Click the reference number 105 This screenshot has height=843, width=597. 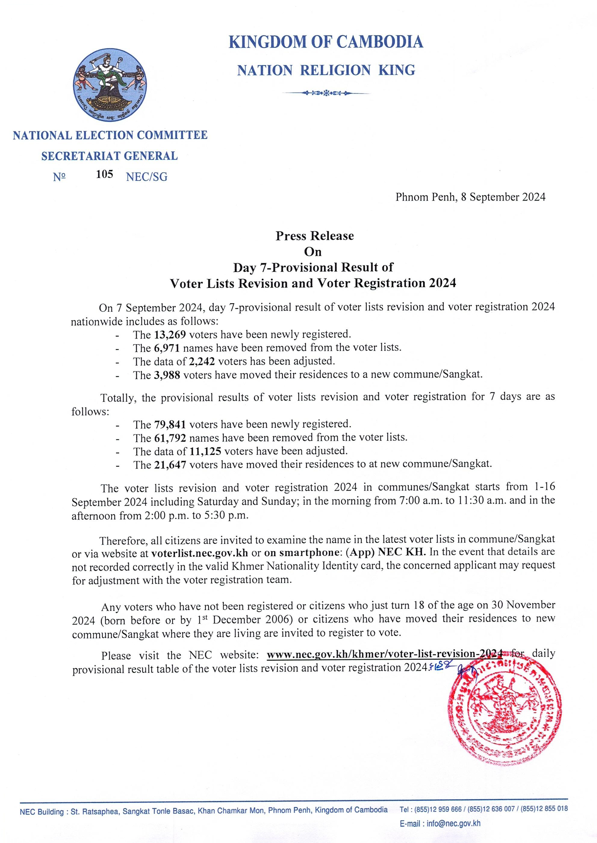point(104,174)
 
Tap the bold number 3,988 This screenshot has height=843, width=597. point(166,375)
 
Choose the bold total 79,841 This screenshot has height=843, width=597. point(169,425)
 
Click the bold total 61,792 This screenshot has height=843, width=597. point(169,438)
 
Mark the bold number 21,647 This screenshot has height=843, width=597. point(169,464)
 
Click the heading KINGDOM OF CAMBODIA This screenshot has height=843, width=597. point(326,42)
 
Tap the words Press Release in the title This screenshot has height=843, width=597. point(315,236)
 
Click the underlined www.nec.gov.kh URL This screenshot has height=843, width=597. point(384,654)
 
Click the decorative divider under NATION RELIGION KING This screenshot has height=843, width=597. point(326,93)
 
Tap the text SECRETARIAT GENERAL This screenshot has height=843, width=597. point(110,156)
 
